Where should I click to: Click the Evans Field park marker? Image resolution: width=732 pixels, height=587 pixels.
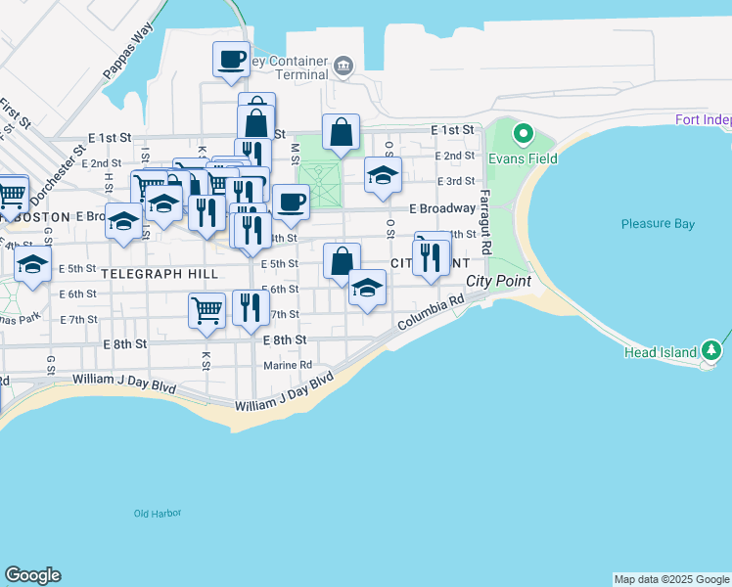[523, 133]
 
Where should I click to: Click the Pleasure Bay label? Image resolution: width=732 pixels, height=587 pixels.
[658, 224]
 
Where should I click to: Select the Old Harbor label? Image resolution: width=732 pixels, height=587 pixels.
[158, 513]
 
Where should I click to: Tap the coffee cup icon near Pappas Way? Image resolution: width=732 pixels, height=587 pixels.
[232, 59]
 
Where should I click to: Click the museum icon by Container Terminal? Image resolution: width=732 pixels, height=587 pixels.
[343, 66]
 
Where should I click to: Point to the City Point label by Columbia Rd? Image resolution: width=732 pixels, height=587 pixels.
[498, 281]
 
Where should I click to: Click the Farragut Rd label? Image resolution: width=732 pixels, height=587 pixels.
[483, 205]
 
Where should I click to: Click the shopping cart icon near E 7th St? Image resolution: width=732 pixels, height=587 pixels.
[206, 310]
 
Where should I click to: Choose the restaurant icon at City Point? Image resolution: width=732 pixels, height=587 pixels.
[432, 257]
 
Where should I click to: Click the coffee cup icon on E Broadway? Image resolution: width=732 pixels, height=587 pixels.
[291, 203]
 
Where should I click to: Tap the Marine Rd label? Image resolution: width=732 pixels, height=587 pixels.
[287, 366]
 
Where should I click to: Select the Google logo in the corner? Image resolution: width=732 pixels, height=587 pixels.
[32, 575]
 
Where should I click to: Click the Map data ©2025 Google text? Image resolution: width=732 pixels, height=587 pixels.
[670, 579]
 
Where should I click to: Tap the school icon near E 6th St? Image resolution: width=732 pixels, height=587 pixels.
[367, 287]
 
